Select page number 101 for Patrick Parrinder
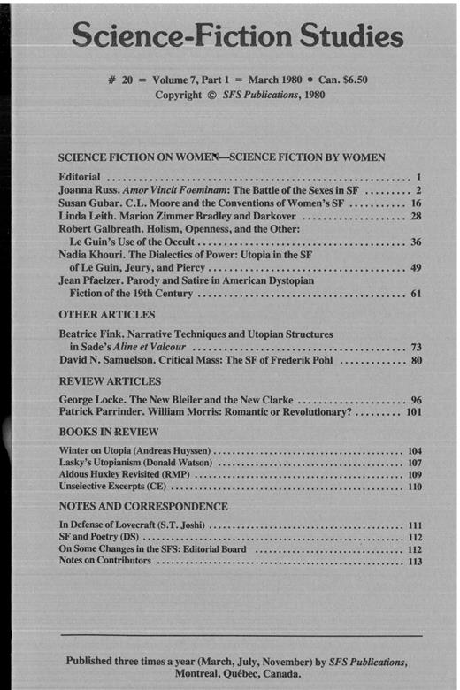click(412, 412)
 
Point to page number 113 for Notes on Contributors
click(412, 561)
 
